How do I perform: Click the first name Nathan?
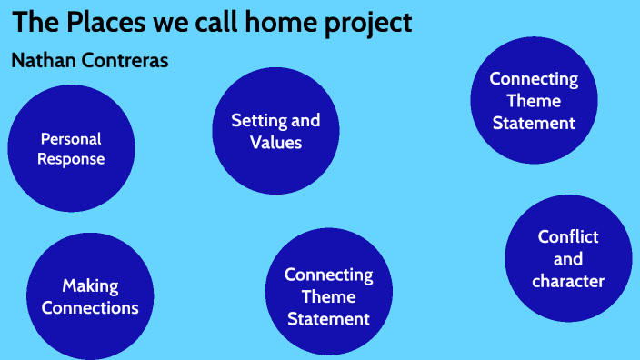(x=45, y=61)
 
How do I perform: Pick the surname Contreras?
(x=125, y=61)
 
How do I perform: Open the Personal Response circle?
(x=71, y=148)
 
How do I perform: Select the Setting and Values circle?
(x=275, y=130)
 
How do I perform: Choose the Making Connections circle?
(x=90, y=296)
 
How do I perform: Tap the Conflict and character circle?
(x=568, y=258)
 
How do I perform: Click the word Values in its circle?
(x=275, y=142)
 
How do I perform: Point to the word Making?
(x=90, y=286)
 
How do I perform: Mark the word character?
(x=568, y=281)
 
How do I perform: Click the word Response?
(x=71, y=159)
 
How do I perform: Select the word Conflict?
(x=568, y=236)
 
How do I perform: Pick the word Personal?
(x=71, y=138)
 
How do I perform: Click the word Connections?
(x=90, y=308)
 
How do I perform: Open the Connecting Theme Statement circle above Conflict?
(x=534, y=100)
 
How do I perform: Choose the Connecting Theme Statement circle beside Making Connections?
(x=328, y=295)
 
